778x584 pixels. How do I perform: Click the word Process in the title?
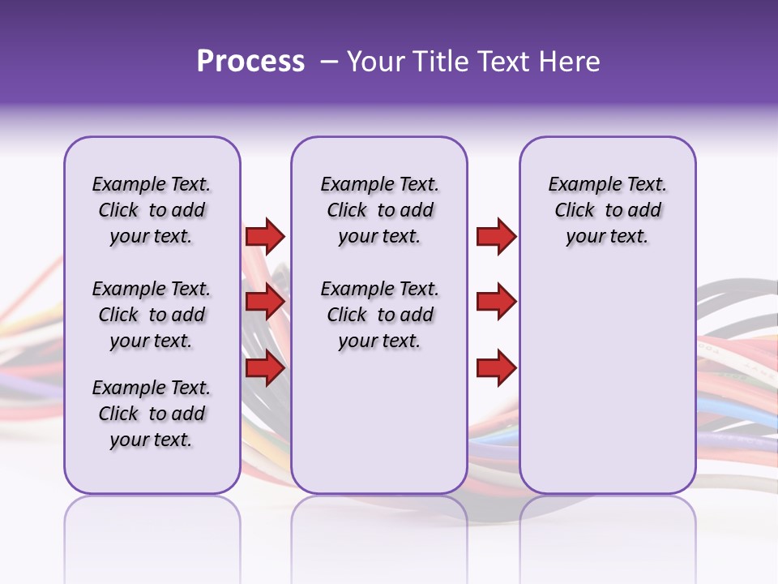pyautogui.click(x=250, y=62)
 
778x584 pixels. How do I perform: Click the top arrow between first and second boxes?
pyautogui.click(x=265, y=236)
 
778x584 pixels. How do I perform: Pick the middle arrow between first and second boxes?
pyautogui.click(x=265, y=303)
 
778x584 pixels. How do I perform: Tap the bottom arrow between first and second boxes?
pyautogui.click(x=265, y=368)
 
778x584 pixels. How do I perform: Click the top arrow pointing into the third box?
pyautogui.click(x=496, y=236)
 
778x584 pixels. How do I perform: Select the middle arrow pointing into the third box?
pyautogui.click(x=496, y=303)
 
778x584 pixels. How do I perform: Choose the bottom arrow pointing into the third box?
pyautogui.click(x=496, y=368)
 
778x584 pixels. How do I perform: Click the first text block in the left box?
pyautogui.click(x=152, y=210)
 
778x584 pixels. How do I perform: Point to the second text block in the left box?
pyautogui.click(x=152, y=315)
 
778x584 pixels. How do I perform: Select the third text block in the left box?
pyautogui.click(x=152, y=414)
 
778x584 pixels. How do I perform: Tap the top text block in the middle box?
pyautogui.click(x=379, y=210)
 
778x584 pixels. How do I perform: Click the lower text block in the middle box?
pyautogui.click(x=379, y=315)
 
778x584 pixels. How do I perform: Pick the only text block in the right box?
pyautogui.click(x=607, y=210)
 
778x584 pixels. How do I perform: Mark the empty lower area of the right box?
pyautogui.click(x=607, y=373)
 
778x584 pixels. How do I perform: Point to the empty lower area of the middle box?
pyautogui.click(x=379, y=422)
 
